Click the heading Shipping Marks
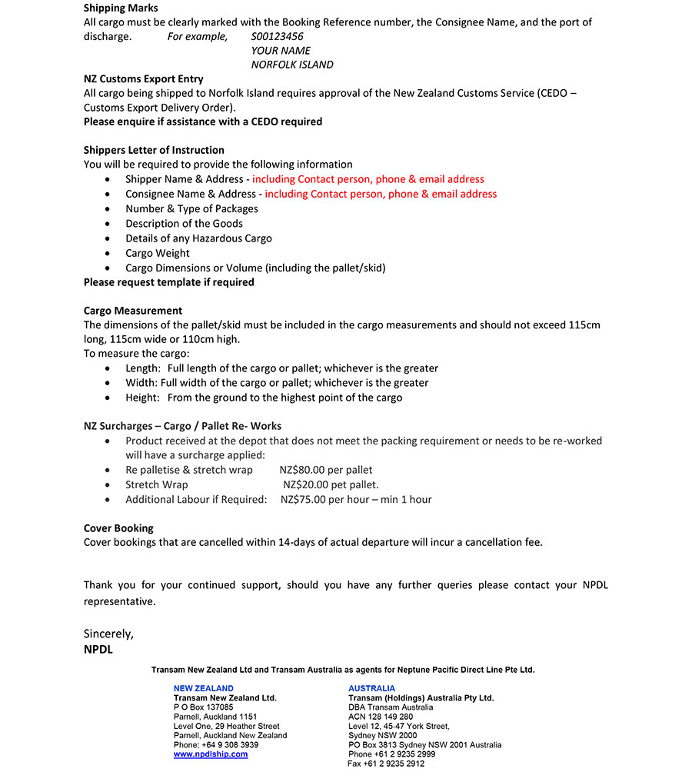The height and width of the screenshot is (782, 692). click(121, 8)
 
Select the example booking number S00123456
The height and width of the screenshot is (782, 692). click(277, 36)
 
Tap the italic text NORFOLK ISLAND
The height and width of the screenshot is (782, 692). click(291, 65)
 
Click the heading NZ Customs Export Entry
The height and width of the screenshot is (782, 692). click(143, 78)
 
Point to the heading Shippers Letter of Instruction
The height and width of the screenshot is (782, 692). click(154, 150)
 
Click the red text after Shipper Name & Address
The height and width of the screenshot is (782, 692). click(368, 179)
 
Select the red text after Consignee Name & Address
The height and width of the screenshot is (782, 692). click(381, 194)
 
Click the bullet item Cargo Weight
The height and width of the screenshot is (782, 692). click(158, 253)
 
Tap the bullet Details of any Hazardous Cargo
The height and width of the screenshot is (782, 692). click(198, 238)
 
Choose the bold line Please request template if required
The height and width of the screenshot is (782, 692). click(168, 282)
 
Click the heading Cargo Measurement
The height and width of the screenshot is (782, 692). click(133, 311)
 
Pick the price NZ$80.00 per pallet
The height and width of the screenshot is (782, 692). click(326, 470)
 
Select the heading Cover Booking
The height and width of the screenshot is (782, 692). click(118, 528)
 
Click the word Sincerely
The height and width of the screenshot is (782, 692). click(108, 634)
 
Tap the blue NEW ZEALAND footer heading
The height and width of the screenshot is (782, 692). click(203, 688)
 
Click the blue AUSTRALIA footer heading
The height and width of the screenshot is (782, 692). click(371, 688)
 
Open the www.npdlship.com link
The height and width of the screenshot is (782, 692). click(211, 754)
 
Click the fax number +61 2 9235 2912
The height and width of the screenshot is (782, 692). click(394, 764)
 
